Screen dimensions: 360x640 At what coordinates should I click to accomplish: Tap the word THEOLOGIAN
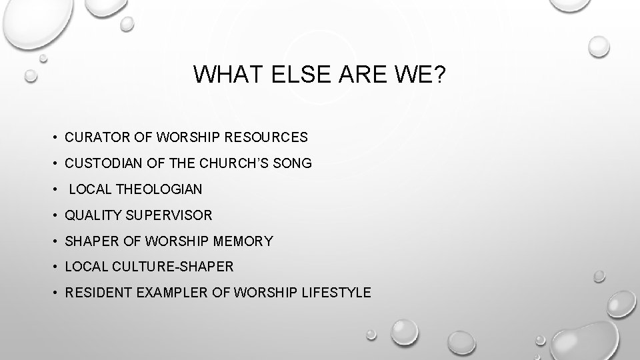coord(159,189)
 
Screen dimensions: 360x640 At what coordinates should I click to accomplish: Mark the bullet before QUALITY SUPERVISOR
coord(54,215)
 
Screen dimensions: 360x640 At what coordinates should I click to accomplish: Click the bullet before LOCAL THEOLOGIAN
coord(54,189)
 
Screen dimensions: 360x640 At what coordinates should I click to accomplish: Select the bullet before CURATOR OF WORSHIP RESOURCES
coord(54,137)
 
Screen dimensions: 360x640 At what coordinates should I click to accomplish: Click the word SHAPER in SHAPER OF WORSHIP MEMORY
coord(89,241)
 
